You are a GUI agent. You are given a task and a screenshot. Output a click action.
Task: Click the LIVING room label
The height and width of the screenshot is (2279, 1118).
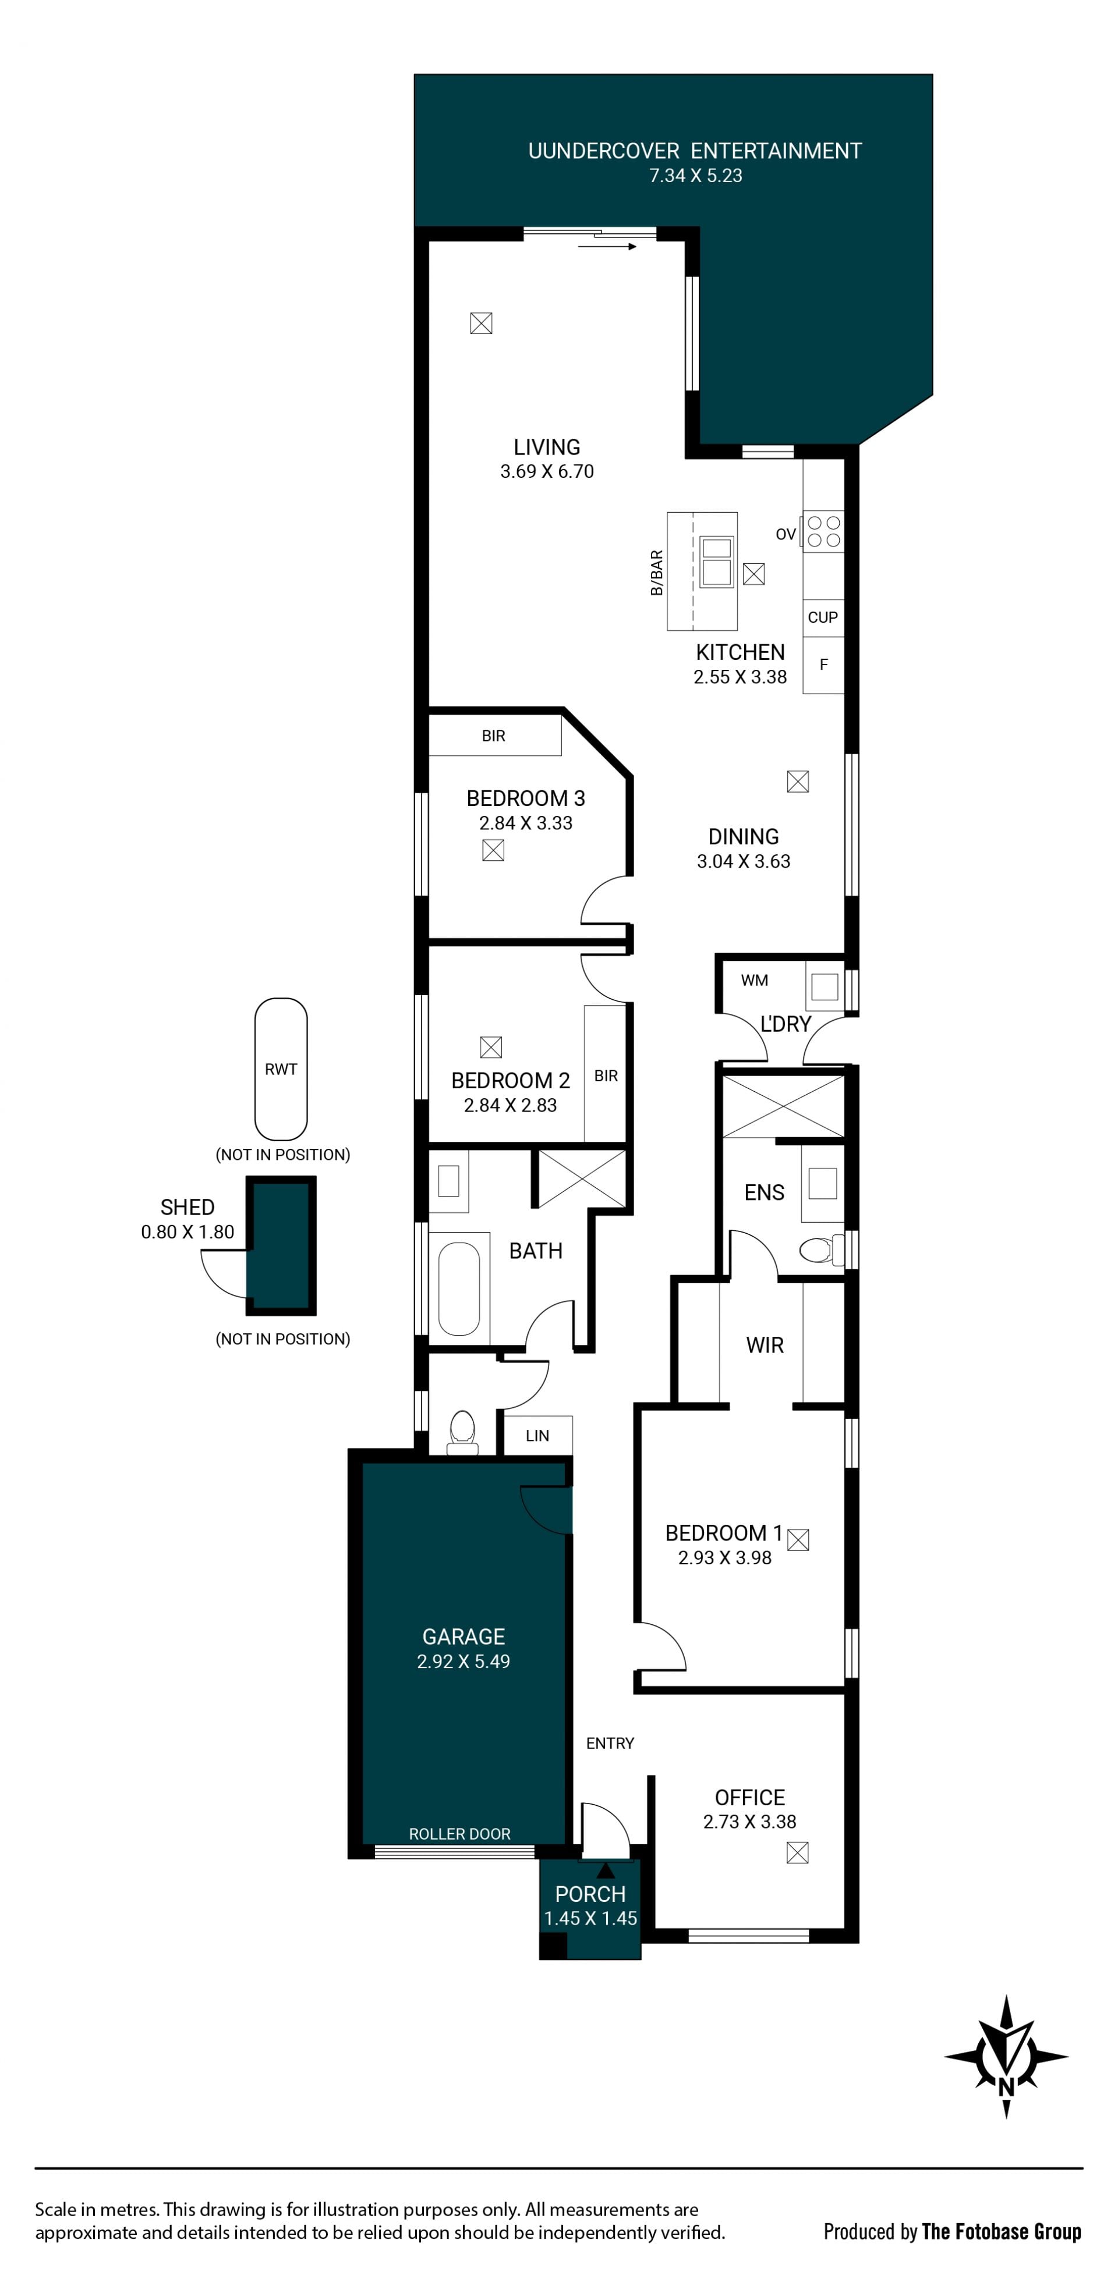pyautogui.click(x=547, y=447)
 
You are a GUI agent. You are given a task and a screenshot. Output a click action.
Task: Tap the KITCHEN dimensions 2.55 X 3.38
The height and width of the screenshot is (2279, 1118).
pyautogui.click(x=740, y=677)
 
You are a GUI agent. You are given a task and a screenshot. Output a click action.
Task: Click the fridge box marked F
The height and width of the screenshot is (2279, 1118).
pyautogui.click(x=823, y=665)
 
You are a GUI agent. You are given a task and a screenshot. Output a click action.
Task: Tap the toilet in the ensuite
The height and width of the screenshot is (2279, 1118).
pyautogui.click(x=820, y=1250)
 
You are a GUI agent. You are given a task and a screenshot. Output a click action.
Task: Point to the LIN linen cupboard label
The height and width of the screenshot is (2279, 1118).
pyautogui.click(x=537, y=1435)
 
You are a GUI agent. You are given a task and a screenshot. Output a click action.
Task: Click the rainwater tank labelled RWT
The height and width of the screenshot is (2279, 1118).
pyautogui.click(x=281, y=1068)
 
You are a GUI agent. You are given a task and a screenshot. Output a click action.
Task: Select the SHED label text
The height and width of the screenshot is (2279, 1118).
pyautogui.click(x=187, y=1207)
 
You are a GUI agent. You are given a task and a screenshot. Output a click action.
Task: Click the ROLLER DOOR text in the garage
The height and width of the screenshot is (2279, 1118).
pyautogui.click(x=459, y=1834)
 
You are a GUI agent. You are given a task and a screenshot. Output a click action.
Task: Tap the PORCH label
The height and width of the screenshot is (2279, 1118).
pyautogui.click(x=590, y=1894)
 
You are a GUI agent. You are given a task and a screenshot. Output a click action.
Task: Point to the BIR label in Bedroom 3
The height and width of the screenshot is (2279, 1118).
pyautogui.click(x=494, y=736)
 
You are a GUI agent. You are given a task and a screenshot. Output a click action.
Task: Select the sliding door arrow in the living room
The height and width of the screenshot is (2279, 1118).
pyautogui.click(x=607, y=247)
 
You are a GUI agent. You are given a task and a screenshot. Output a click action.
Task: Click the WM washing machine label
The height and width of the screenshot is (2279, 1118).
pyautogui.click(x=754, y=980)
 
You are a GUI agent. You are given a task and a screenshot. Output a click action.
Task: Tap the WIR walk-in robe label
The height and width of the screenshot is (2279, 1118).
pyautogui.click(x=765, y=1345)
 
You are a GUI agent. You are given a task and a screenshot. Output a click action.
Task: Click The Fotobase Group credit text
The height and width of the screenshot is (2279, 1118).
pyautogui.click(x=1001, y=2232)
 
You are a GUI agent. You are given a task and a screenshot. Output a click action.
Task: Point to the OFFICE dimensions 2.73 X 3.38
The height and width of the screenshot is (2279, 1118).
pyautogui.click(x=750, y=1822)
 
